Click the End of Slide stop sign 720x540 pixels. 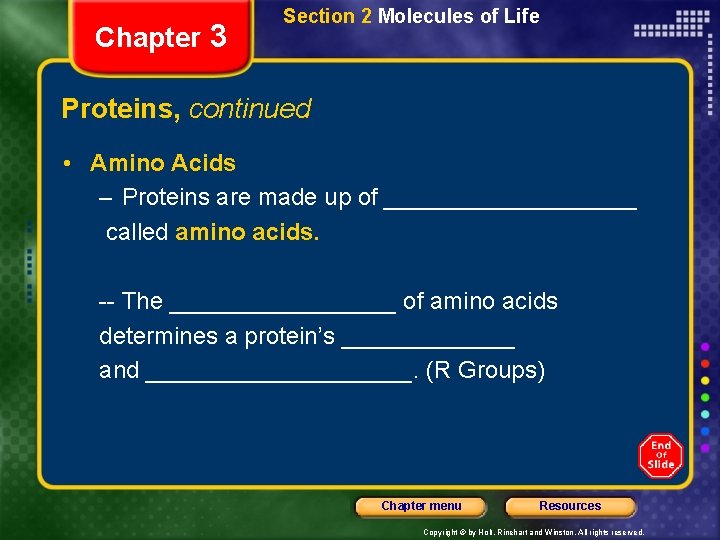tap(661, 455)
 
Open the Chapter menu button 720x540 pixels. tap(421, 506)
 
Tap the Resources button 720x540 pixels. tap(570, 506)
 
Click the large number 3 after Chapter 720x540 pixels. tap(219, 36)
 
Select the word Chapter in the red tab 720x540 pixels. tap(147, 38)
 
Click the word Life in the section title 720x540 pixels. tap(522, 16)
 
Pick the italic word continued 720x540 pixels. tap(250, 108)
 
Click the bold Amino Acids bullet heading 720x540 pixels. tap(163, 163)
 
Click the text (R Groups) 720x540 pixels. tap(485, 370)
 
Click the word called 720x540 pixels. tap(137, 233)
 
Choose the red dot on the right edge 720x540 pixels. tap(705, 363)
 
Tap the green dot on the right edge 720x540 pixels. tap(705, 397)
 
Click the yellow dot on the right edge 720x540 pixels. tap(705, 380)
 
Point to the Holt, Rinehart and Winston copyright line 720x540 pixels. tap(534, 532)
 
